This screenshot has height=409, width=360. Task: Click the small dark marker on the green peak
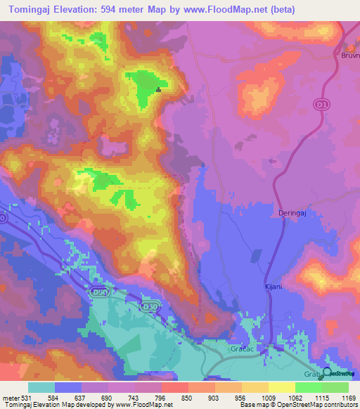tap(159, 89)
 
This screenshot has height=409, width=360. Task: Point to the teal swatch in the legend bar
tap(41, 387)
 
